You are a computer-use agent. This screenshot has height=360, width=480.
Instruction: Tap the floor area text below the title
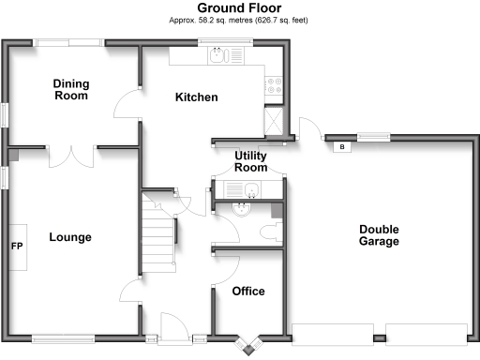pyautogui.click(x=240, y=20)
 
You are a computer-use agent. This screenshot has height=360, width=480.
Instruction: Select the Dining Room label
pyautogui.click(x=70, y=89)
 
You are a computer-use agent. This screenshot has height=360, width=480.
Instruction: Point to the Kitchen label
pyautogui.click(x=197, y=97)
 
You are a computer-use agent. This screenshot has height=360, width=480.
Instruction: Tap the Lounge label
pyautogui.click(x=70, y=237)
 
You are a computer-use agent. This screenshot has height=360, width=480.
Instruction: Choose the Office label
pyautogui.click(x=249, y=292)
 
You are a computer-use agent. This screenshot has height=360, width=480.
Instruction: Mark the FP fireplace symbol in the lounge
pyautogui.click(x=17, y=247)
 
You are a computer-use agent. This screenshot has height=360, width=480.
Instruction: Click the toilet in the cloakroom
pyautogui.click(x=275, y=231)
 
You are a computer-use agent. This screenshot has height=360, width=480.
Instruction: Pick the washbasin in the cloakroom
pyautogui.click(x=242, y=209)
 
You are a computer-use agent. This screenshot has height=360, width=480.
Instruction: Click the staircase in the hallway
pyautogui.click(x=158, y=234)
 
